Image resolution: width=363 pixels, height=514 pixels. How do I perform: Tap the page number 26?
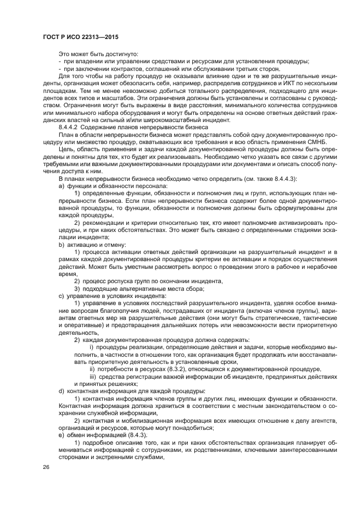coord(45,467)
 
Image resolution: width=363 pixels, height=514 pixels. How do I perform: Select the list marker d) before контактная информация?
coord(60,390)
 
